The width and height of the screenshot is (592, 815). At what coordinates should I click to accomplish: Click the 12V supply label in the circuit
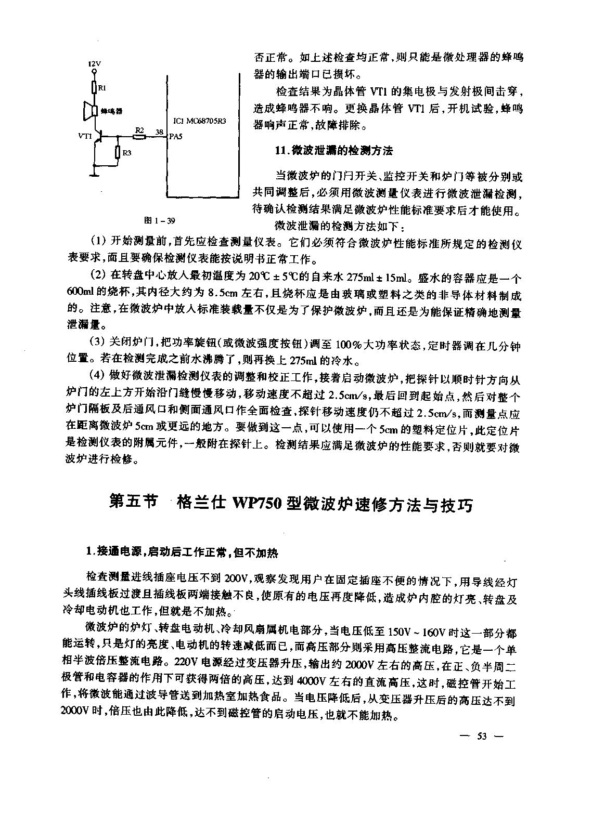[x=94, y=64]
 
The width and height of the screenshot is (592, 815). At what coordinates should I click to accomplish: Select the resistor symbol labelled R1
[x=94, y=87]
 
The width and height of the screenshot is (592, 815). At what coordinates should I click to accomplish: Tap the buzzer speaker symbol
[x=89, y=111]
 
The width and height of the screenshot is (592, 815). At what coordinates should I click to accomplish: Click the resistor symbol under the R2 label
[x=139, y=137]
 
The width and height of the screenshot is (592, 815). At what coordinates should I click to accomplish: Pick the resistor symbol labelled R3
[x=118, y=152]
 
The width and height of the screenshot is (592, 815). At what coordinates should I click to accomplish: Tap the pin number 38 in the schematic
[x=159, y=132]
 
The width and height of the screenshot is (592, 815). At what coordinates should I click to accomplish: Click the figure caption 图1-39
[x=160, y=220]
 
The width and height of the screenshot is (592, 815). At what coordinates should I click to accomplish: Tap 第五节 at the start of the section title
[x=133, y=503]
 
